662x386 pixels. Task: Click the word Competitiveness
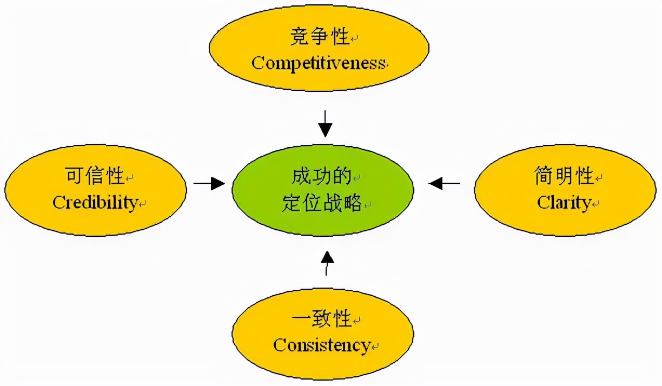[319, 63]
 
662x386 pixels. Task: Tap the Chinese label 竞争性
[319, 38]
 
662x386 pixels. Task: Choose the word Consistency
[322, 344]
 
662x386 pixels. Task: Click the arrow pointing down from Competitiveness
[325, 124]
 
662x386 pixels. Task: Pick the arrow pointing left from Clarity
[445, 184]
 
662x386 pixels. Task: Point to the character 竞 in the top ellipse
[299, 38]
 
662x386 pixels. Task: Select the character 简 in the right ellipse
[543, 176]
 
